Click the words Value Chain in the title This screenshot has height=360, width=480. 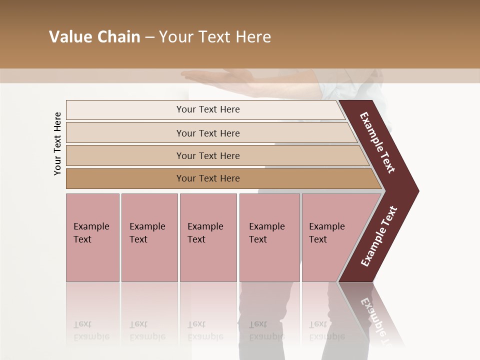coord(94,37)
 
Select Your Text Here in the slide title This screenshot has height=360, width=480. coord(215,37)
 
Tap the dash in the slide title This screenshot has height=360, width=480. coord(149,37)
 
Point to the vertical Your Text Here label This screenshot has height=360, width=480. coord(57,143)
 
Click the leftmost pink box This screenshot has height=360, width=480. coord(92,237)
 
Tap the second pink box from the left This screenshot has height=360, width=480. coord(149,237)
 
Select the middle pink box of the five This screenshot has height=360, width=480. coord(208,237)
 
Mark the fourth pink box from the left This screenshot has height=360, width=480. coord(269,237)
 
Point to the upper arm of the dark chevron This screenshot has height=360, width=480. coord(378,142)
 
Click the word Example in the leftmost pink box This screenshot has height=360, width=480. coord(91,226)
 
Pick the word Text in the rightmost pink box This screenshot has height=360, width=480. coord(317,239)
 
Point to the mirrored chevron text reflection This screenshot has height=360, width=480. coord(375,315)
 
